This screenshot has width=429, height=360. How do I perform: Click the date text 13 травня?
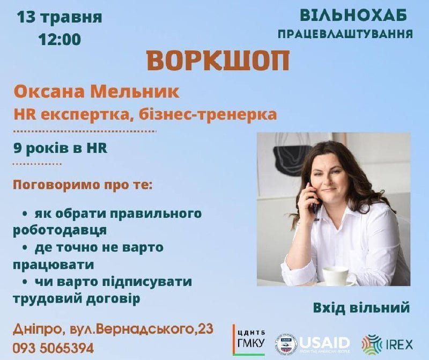(x=60, y=18)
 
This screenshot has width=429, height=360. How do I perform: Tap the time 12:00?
(x=60, y=39)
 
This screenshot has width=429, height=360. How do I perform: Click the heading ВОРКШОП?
(x=218, y=61)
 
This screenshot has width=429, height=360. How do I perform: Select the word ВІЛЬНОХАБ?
(x=353, y=16)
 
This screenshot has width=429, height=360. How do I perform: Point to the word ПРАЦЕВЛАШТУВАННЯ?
(x=345, y=34)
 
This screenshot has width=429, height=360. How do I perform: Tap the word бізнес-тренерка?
(x=208, y=114)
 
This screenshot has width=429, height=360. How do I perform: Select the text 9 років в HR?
(x=61, y=149)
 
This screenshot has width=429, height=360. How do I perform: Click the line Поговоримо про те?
(x=83, y=186)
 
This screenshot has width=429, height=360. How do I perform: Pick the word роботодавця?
(x=60, y=230)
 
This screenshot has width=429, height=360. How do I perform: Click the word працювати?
(x=53, y=265)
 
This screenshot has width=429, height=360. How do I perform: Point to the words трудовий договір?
(x=76, y=298)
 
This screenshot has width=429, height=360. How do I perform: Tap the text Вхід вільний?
(x=361, y=307)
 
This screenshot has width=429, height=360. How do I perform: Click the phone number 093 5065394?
(x=53, y=348)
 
